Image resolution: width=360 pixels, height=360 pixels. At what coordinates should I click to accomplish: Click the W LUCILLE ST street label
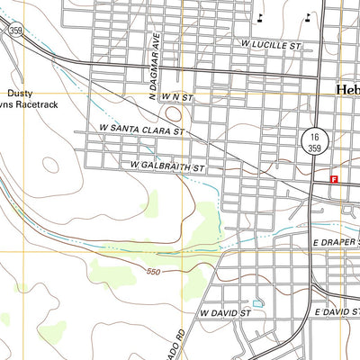(x=270, y=43)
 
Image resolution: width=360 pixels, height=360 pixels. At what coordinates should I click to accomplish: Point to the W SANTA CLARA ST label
(x=142, y=130)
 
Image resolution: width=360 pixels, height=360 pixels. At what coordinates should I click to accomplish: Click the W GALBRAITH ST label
(x=168, y=166)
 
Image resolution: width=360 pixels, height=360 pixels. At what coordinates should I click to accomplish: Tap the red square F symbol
(x=334, y=179)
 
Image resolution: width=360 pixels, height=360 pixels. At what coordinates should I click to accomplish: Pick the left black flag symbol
(x=261, y=16)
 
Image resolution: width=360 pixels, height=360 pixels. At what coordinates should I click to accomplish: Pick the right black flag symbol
(x=308, y=15)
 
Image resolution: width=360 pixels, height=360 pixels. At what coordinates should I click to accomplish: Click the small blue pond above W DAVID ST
(x=258, y=304)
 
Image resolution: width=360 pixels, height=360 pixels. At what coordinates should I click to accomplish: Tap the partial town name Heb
(x=347, y=90)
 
